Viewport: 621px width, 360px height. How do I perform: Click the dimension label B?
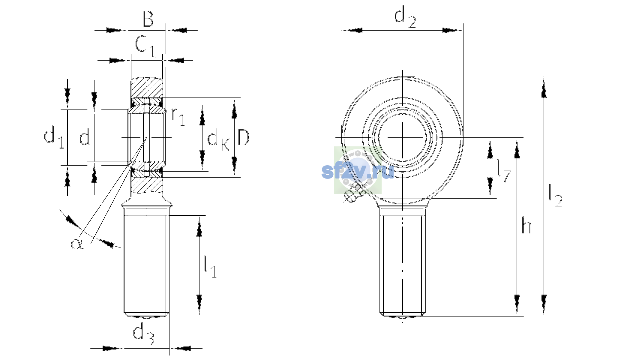pyautogui.click(x=148, y=19)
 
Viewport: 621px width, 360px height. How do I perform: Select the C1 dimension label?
pyautogui.click(x=145, y=46)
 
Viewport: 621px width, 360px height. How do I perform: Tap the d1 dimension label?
pyautogui.click(x=54, y=137)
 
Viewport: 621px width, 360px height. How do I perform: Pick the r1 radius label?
pyautogui.click(x=178, y=117)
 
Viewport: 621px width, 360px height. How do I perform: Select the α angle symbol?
pyautogui.click(x=77, y=244)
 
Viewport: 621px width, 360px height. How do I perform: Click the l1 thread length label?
pyautogui.click(x=211, y=266)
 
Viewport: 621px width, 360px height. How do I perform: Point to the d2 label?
pyautogui.click(x=405, y=18)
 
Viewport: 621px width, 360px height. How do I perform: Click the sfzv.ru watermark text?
pyautogui.click(x=358, y=171)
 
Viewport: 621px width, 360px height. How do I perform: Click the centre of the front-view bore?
pyautogui.click(x=403, y=137)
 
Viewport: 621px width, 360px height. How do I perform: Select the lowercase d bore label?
pyautogui.click(x=85, y=138)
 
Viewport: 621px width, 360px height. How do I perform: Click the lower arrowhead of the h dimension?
pyautogui.click(x=517, y=305)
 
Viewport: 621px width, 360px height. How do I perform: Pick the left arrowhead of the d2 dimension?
pyautogui.click(x=352, y=30)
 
